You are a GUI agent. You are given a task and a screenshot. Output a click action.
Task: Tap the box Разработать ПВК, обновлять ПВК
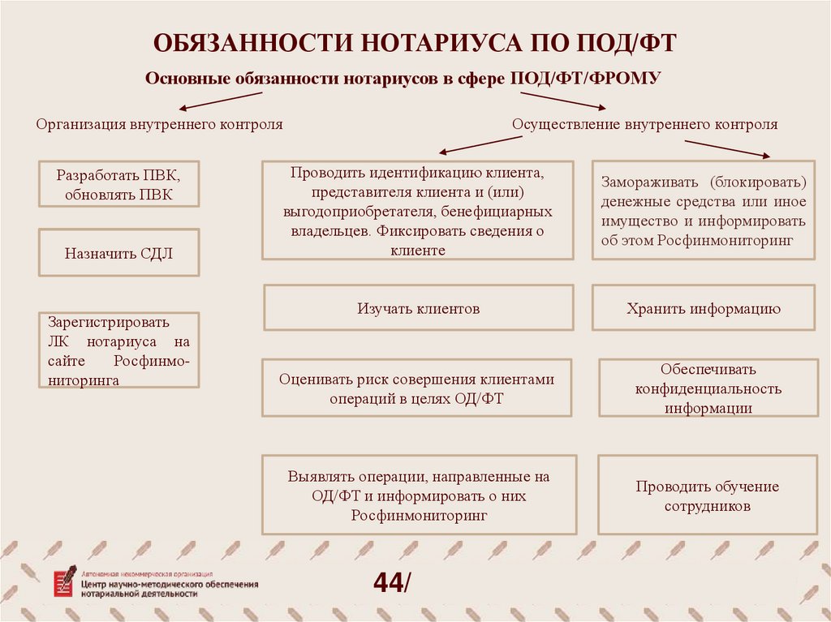(x=118, y=185)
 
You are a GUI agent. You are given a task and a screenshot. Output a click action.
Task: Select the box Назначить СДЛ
(x=118, y=253)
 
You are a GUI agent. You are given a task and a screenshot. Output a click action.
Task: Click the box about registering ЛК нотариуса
(x=118, y=350)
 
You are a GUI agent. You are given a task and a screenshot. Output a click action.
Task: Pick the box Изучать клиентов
(x=418, y=308)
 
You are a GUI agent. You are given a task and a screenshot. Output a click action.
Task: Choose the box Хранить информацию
(x=703, y=308)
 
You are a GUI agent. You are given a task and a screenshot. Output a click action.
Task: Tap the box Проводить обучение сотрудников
(x=707, y=496)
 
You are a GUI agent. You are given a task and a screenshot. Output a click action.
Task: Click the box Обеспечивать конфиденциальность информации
(x=708, y=388)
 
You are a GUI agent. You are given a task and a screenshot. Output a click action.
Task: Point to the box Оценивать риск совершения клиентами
(x=417, y=388)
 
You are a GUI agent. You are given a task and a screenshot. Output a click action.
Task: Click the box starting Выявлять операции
(x=419, y=495)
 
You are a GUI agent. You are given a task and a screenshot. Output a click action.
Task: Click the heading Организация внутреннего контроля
(x=159, y=124)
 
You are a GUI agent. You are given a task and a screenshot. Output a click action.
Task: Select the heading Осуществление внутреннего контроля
(x=644, y=124)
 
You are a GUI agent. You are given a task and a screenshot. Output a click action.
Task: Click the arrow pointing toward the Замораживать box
(x=726, y=148)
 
